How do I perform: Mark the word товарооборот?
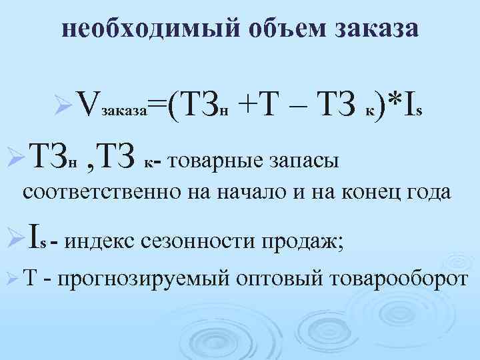pyautogui.click(x=395, y=277)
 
